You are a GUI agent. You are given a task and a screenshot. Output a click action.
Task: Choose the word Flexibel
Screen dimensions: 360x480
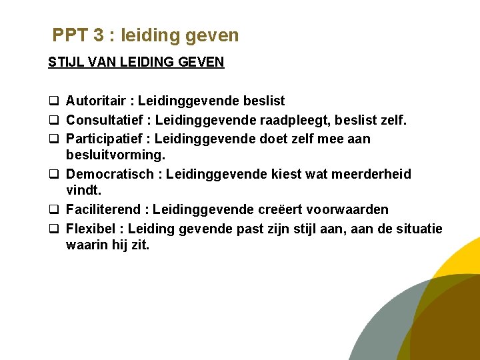pos(91,229)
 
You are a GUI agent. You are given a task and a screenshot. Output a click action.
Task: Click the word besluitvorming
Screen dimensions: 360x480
pos(115,156)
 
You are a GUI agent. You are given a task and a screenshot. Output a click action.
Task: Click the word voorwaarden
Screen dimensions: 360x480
pos(351,209)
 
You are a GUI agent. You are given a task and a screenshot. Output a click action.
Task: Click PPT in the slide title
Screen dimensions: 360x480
pos(69,35)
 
